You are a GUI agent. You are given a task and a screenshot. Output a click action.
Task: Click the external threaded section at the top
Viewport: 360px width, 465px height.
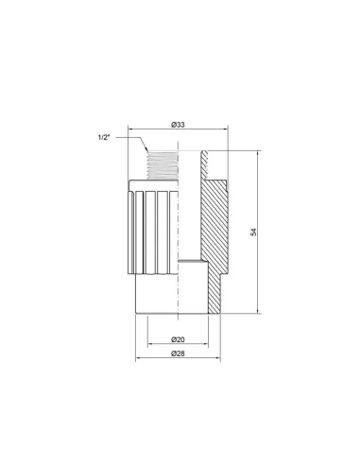tap(162, 164)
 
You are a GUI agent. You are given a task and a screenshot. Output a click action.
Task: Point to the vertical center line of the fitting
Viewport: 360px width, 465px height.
tap(179, 246)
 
